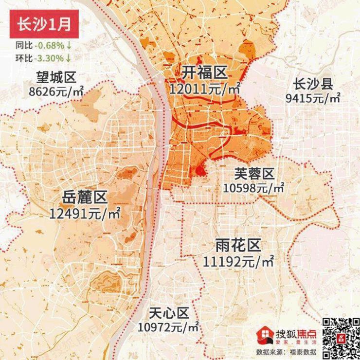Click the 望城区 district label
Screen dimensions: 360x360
point(56,78)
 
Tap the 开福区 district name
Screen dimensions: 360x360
point(205,73)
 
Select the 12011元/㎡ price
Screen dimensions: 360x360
point(205,89)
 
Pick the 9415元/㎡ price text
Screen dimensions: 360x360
point(313,97)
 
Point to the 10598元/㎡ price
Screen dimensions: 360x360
point(253,187)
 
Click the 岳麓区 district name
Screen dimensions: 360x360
point(85,198)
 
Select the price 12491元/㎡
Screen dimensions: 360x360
point(85,213)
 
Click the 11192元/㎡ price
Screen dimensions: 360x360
point(238,261)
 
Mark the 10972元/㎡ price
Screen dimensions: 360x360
point(168,326)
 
